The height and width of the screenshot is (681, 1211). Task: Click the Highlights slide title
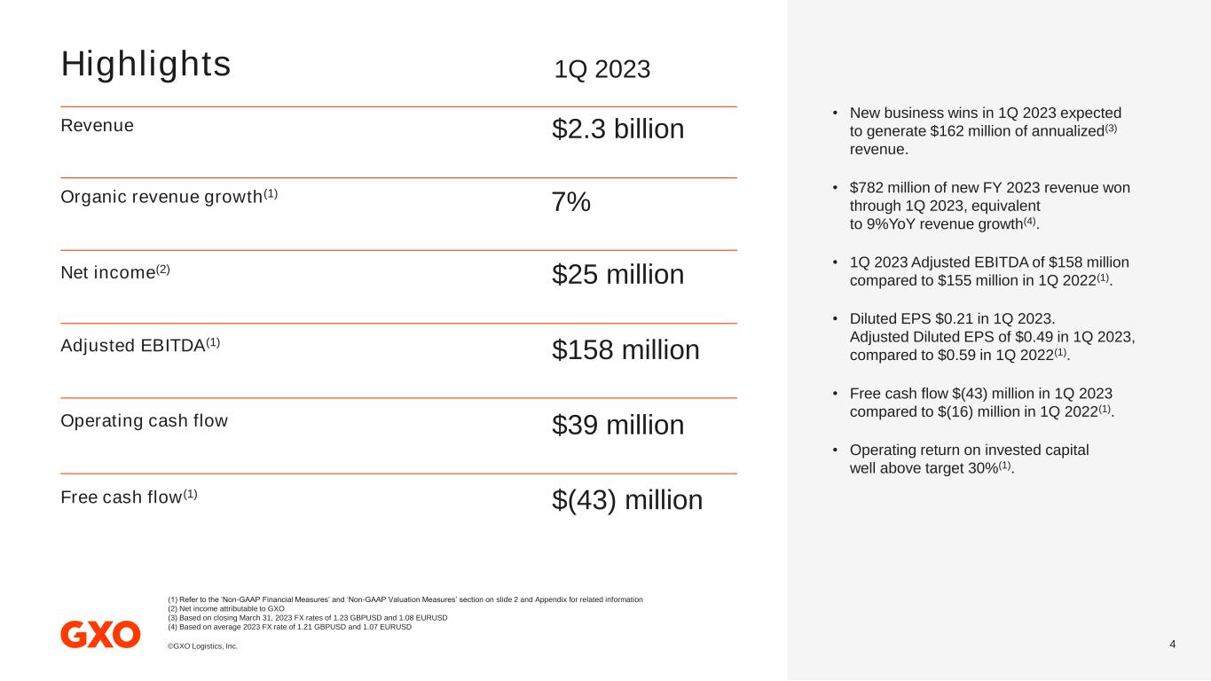(145, 64)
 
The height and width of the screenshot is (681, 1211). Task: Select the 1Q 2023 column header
(602, 69)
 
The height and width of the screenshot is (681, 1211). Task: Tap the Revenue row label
(97, 125)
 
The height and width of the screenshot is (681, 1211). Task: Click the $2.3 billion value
(617, 129)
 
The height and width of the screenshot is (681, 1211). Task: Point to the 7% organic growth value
(571, 202)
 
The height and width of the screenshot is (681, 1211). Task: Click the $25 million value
(617, 275)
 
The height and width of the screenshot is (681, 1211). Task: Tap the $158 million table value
(625, 350)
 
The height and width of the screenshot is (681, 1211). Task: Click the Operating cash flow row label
(144, 420)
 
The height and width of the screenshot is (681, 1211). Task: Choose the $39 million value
(617, 426)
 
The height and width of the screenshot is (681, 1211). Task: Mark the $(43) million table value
(627, 500)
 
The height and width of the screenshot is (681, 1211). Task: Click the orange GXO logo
(100, 634)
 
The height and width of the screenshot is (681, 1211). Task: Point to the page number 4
(1173, 644)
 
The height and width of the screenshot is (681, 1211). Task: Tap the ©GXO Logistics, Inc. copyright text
(202, 646)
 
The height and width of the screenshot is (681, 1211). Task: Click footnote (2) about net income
(225, 609)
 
